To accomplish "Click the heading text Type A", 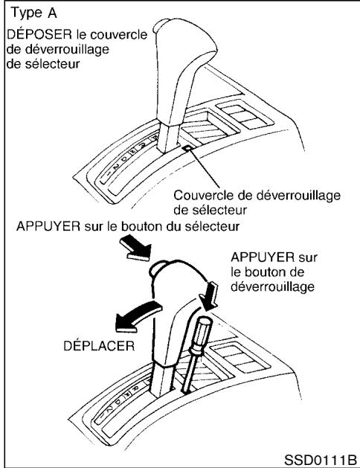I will point(30,15).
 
